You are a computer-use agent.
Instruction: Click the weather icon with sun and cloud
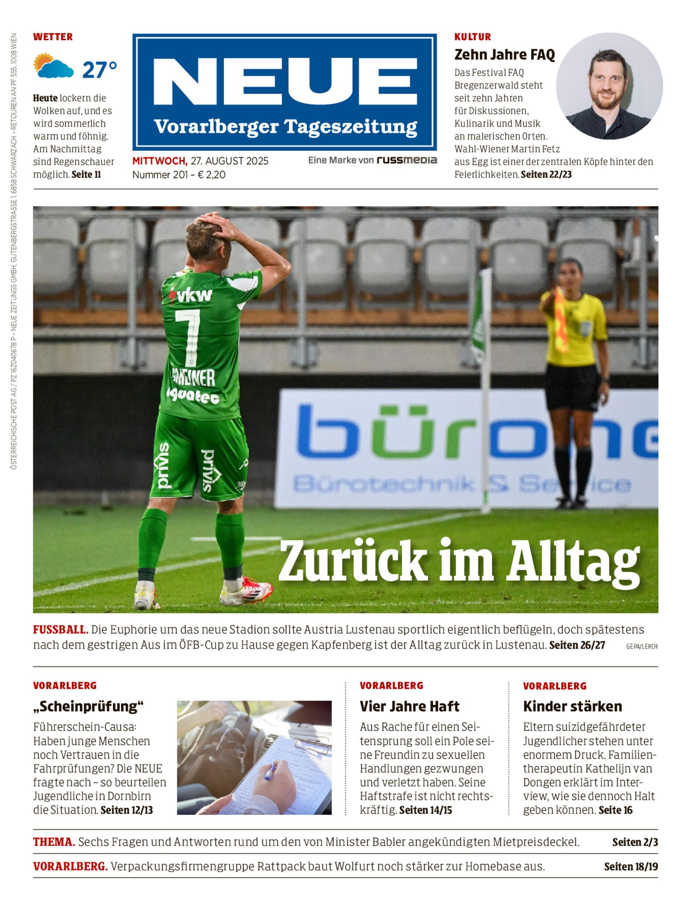click(53, 66)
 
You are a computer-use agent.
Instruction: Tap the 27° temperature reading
click(99, 70)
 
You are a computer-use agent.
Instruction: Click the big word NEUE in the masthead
click(285, 81)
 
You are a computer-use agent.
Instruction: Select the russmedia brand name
click(406, 160)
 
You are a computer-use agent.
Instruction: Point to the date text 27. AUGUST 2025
click(229, 161)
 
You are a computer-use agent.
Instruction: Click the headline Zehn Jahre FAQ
click(504, 54)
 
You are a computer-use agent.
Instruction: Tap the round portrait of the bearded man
click(609, 86)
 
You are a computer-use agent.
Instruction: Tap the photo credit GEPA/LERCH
click(641, 646)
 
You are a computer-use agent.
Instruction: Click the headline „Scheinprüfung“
click(89, 706)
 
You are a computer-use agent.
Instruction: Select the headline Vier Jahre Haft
click(409, 706)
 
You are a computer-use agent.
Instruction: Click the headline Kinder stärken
click(572, 706)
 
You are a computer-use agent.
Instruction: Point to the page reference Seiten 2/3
click(635, 842)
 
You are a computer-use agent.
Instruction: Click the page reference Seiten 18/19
click(630, 867)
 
